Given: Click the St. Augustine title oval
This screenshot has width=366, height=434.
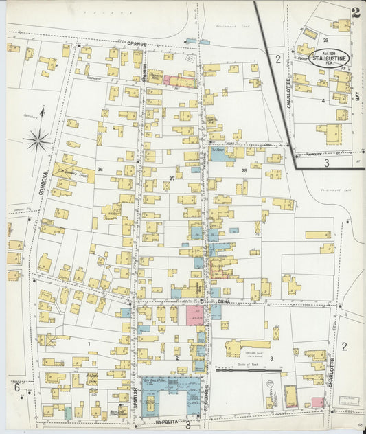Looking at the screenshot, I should tap(329, 58).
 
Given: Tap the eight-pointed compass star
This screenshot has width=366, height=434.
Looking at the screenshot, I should tap(38, 141).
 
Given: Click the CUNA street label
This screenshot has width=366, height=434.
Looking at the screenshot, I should tap(222, 301).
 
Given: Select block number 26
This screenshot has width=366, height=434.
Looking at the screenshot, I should tap(100, 169).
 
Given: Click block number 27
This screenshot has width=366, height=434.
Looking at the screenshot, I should tap(172, 177).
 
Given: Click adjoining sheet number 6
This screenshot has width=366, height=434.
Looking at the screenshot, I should tap(15, 387).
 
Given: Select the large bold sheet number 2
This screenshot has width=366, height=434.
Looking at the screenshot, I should tap(355, 12).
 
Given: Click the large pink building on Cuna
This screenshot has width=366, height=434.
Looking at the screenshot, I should tap(195, 315).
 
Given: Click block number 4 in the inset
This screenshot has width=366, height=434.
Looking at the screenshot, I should tap(323, 100).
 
